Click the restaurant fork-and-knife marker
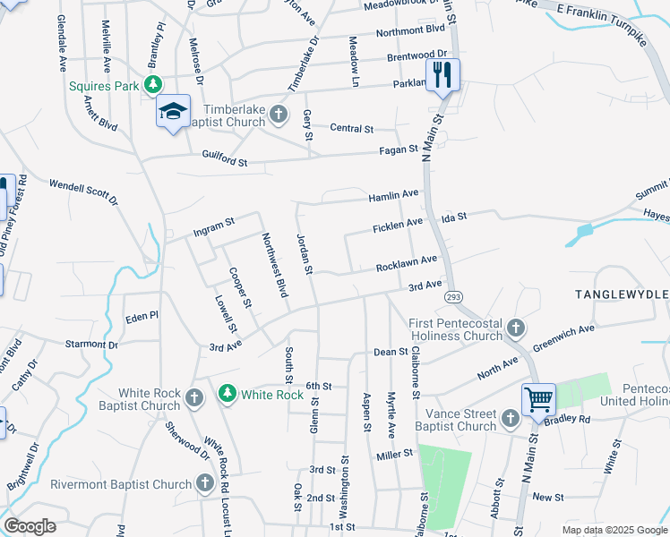click(441, 74)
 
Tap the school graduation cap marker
click(173, 111)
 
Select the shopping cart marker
click(538, 398)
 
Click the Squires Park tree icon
click(154, 85)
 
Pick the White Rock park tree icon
click(228, 394)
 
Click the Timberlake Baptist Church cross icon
click(279, 114)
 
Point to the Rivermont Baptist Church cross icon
click(204, 484)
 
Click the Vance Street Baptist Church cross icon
click(510, 418)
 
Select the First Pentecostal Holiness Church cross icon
click(515, 328)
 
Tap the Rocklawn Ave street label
click(406, 263)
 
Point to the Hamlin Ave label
click(393, 194)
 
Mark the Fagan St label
click(400, 149)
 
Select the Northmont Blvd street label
click(410, 30)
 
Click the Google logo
click(30, 525)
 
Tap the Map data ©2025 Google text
click(614, 530)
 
